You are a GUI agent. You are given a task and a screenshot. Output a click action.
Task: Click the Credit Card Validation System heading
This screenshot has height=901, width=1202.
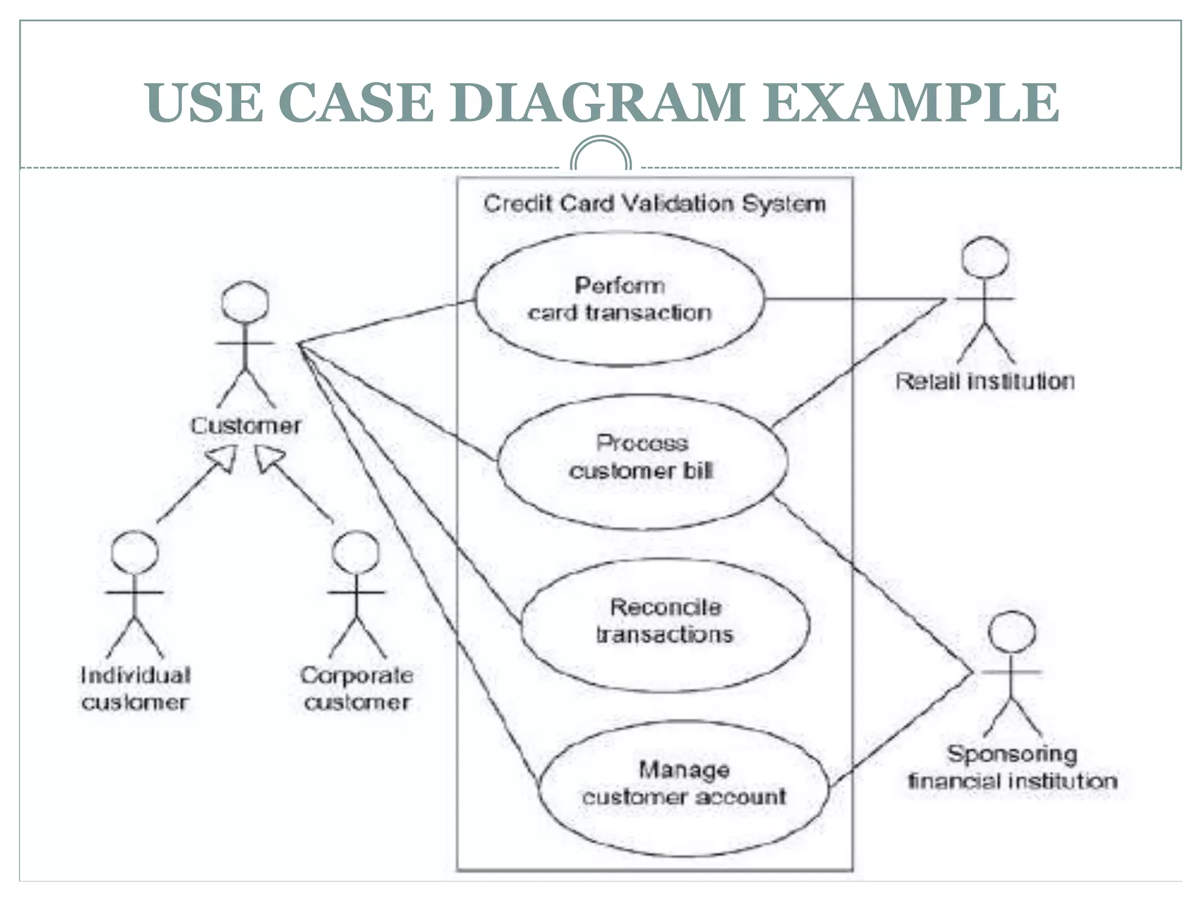(x=654, y=204)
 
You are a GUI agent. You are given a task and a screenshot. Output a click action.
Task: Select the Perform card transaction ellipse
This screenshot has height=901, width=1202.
(x=619, y=299)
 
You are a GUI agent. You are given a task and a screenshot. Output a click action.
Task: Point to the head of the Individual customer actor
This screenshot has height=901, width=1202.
(x=134, y=553)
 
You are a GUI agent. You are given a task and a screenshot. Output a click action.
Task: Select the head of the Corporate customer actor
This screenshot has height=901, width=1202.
(x=356, y=553)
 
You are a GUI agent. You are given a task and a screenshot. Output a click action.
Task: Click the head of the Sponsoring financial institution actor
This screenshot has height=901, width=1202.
(x=1012, y=632)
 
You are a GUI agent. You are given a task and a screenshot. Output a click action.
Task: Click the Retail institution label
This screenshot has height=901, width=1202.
(x=985, y=382)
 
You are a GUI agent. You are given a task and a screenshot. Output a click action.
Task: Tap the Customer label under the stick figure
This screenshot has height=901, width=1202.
(x=245, y=425)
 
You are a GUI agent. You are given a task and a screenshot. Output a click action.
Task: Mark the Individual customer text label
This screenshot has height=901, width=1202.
(x=135, y=689)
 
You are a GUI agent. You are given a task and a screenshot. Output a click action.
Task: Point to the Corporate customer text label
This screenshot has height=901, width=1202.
(x=357, y=689)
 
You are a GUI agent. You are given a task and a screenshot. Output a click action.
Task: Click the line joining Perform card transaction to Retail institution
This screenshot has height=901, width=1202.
(x=851, y=299)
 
